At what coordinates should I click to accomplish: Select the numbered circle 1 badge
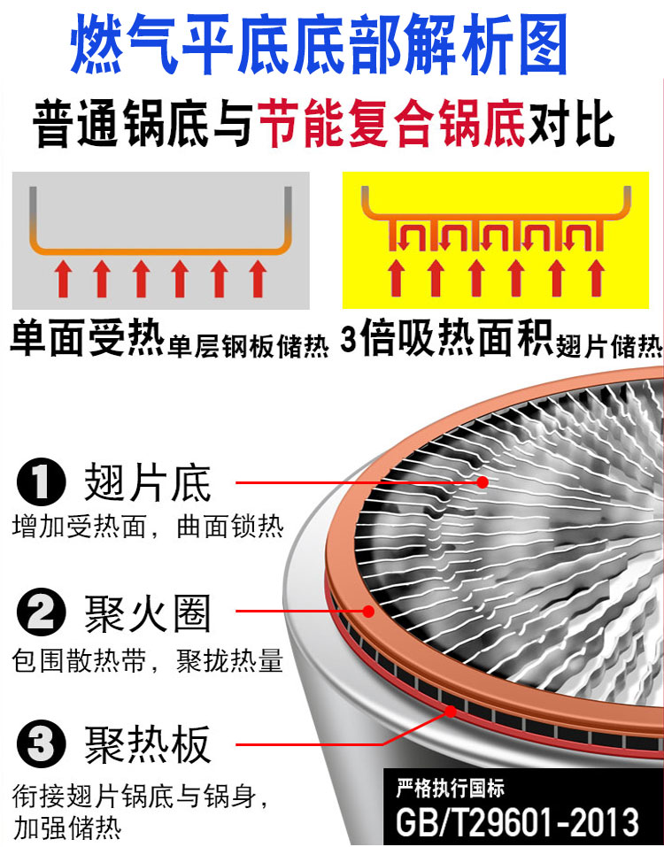pyautogui.click(x=41, y=484)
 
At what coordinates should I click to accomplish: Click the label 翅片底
pyautogui.click(x=148, y=484)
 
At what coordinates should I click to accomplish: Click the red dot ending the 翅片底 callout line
pyautogui.click(x=483, y=482)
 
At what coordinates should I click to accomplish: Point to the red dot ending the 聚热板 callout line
pyautogui.click(x=451, y=710)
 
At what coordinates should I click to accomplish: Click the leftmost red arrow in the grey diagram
pyautogui.click(x=63, y=279)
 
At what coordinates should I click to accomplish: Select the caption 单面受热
pyautogui.click(x=87, y=340)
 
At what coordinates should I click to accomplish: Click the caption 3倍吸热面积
pyautogui.click(x=446, y=340)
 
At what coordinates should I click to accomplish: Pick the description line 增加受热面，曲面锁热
pyautogui.click(x=148, y=527)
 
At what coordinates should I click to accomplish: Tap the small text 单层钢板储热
pyautogui.click(x=248, y=345)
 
